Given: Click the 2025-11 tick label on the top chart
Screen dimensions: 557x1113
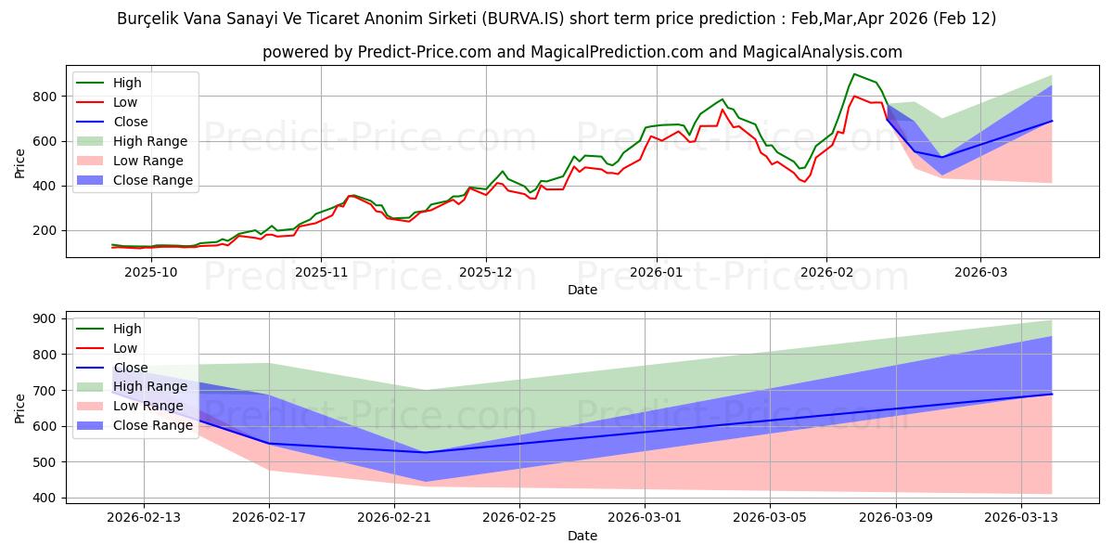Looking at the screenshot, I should pos(321,272).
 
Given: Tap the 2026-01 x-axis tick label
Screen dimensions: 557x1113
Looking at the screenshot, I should pos(657,272).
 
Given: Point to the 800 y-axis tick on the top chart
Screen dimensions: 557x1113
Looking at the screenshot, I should pos(49,97).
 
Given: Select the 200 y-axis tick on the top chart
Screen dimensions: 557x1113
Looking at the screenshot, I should pos(49,230).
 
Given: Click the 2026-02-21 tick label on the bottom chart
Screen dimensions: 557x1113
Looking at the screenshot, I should pos(394,517).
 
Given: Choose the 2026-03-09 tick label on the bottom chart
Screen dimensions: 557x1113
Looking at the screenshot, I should pos(895,517).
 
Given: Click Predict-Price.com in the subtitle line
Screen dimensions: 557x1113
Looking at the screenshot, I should pos(425,53).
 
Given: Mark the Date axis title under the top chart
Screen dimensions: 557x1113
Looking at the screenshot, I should pos(582,291).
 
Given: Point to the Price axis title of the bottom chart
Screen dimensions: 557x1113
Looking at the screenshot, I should pos(20,407).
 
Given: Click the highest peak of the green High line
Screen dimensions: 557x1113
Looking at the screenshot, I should pos(854,73).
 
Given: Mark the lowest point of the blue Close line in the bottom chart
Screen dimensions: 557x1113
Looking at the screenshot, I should pos(425,452).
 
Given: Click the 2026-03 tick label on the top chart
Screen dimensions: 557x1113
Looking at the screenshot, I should pos(979,272).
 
